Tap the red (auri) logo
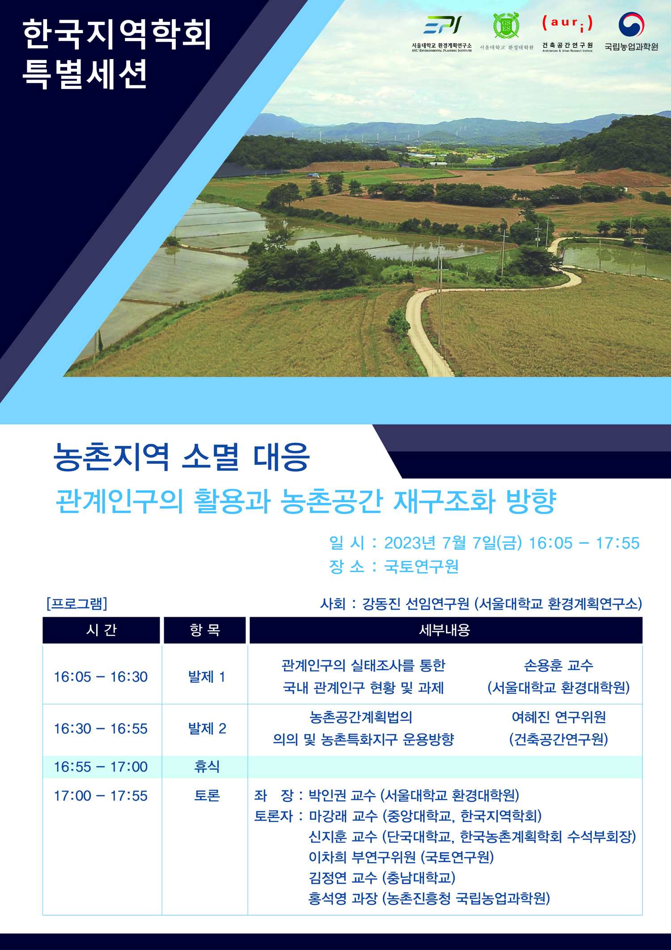coord(567,24)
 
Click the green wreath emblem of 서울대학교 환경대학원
coord(506,25)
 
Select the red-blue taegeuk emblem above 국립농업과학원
coord(631,24)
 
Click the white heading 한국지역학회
coord(117,34)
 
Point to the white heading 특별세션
coord(85,74)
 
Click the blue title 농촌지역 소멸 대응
coord(182,457)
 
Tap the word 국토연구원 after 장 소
coord(421,566)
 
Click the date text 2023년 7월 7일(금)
coord(453,543)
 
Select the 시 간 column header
coord(102,630)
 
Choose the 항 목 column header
coord(205,630)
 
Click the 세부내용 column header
coord(446,630)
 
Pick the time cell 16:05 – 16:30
coord(101,677)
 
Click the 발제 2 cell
coord(207,729)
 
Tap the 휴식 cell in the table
coord(207,767)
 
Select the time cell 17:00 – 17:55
coord(101,796)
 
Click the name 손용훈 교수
coord(559,666)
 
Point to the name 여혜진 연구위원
coord(559,717)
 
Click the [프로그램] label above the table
coord(77,603)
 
